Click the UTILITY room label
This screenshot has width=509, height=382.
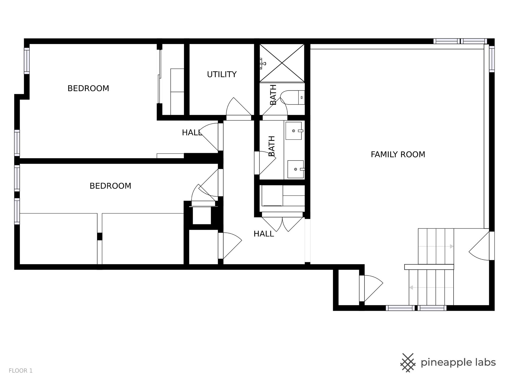coord(222,75)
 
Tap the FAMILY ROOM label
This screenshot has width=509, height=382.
coord(398,154)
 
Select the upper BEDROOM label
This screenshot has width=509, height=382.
coord(88,88)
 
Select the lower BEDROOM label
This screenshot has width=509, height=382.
coord(110,186)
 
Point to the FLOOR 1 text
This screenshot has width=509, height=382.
coord(21,371)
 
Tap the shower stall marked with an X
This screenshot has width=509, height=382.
coord(282,63)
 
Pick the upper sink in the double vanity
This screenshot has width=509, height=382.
coord(294,131)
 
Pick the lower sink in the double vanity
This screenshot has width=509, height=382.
coord(296,169)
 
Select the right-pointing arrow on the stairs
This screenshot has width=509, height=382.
coord(436,246)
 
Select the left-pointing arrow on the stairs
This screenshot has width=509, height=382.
coord(431,288)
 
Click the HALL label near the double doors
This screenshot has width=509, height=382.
coord(264,234)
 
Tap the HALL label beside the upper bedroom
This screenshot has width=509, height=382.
coord(192,133)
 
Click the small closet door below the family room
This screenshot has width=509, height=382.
coord(371,288)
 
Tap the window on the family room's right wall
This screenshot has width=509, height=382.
coord(492,59)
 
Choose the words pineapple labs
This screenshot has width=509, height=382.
coord(458,363)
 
